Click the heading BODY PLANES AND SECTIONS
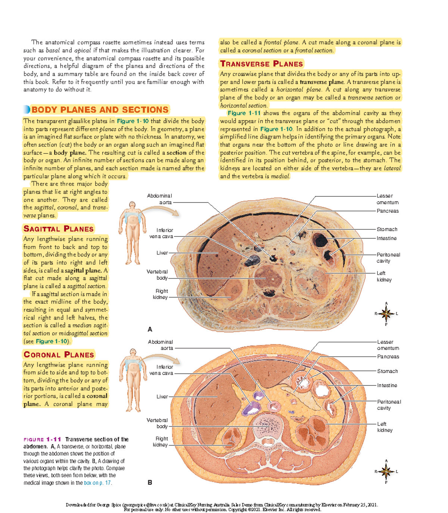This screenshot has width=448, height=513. [100, 110]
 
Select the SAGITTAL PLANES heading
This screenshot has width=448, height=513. [59, 229]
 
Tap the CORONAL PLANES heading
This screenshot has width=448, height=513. [59, 355]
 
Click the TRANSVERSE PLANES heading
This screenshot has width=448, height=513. [261, 64]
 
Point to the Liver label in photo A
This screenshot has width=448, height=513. [162, 253]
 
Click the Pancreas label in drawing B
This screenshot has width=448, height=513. [388, 357]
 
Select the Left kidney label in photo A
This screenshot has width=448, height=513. [384, 276]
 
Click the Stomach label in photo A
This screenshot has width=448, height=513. [387, 229]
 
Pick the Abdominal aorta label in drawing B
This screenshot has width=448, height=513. [161, 345]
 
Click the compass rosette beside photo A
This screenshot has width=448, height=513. [386, 314]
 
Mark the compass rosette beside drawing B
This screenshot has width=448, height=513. [386, 472]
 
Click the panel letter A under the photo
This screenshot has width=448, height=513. [150, 329]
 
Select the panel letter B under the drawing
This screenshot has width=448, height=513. [150, 482]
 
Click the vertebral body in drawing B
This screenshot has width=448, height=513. [272, 425]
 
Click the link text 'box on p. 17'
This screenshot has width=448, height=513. [97, 483]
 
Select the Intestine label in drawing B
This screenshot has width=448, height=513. [387, 385]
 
